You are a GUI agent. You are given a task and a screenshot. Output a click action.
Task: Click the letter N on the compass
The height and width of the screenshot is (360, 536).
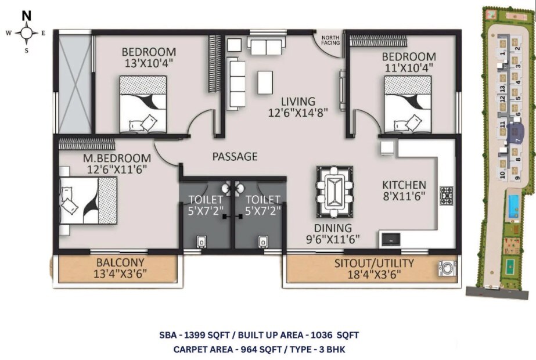(x=27, y=16)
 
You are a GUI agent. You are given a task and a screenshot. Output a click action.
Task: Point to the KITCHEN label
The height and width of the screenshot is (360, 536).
(x=404, y=185)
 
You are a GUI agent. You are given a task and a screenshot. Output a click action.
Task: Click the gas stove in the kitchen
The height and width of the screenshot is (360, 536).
(x=446, y=196)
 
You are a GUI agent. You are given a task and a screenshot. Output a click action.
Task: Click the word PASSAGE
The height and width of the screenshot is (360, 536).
(x=235, y=156)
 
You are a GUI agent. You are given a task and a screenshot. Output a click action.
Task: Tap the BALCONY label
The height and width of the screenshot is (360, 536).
(x=120, y=262)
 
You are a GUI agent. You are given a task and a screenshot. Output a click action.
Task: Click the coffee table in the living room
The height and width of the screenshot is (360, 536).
(x=265, y=83)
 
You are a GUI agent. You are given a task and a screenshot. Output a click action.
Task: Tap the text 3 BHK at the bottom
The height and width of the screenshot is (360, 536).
(x=334, y=349)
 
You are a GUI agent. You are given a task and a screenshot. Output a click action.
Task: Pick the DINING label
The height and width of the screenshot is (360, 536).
(x=333, y=228)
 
